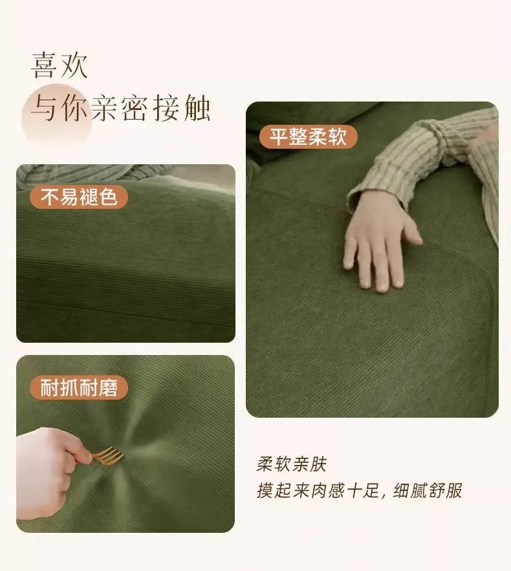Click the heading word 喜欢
[x=60, y=65]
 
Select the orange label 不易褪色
[x=79, y=197]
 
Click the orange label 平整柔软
[x=308, y=136]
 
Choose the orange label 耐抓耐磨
[x=79, y=387]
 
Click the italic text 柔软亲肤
[x=291, y=464]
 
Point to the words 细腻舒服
[x=427, y=491]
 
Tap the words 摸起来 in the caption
[x=283, y=491]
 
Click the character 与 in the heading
[x=45, y=108]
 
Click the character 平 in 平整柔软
[x=279, y=136]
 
